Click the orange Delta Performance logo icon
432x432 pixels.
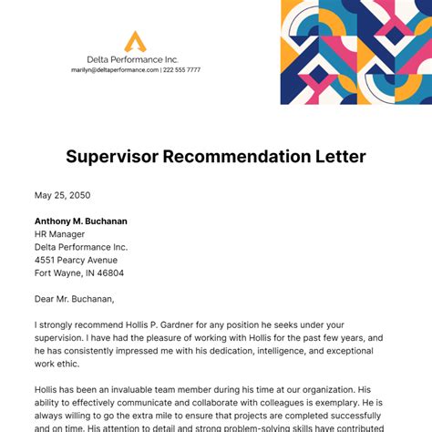point(135,41)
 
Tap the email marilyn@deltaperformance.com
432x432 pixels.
point(114,69)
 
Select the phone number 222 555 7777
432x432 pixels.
point(182,69)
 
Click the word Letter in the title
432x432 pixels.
point(337,156)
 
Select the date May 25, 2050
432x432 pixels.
point(62,195)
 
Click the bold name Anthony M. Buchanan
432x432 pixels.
point(80,221)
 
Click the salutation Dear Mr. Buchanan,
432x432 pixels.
point(75,298)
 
